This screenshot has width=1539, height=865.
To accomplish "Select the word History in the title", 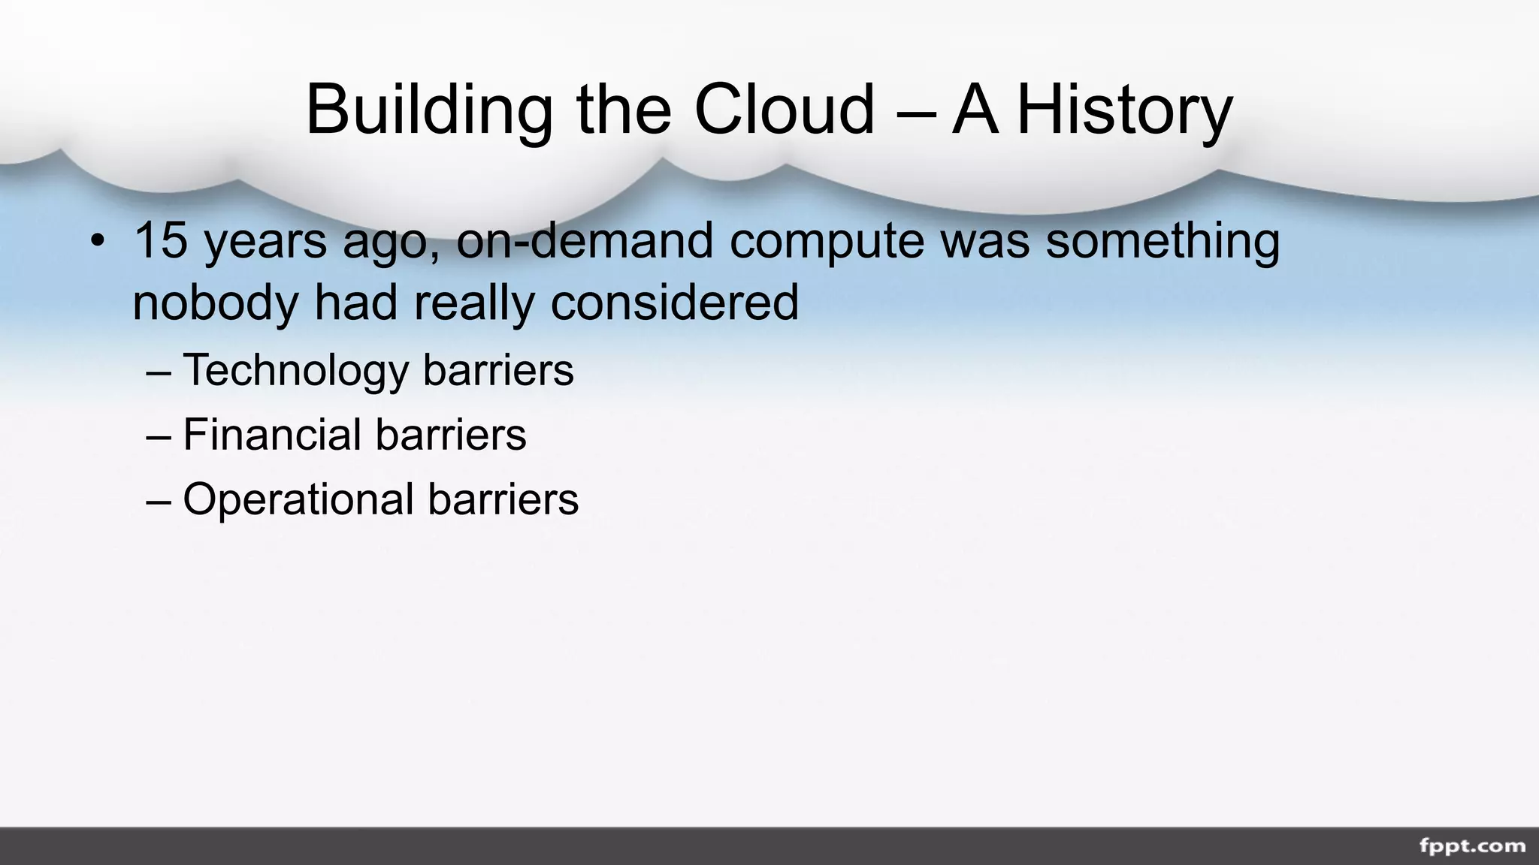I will point(1124,110).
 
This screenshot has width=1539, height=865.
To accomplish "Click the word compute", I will point(827,242).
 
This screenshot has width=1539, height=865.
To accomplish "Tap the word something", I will point(1163,242).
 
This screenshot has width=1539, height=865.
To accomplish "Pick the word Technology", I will point(295,371).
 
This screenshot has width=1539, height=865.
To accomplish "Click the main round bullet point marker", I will point(97,242).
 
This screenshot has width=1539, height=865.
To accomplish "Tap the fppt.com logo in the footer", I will point(1472,846).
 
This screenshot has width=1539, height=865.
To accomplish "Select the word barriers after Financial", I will point(451,435).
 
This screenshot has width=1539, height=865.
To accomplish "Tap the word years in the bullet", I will point(266,242).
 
